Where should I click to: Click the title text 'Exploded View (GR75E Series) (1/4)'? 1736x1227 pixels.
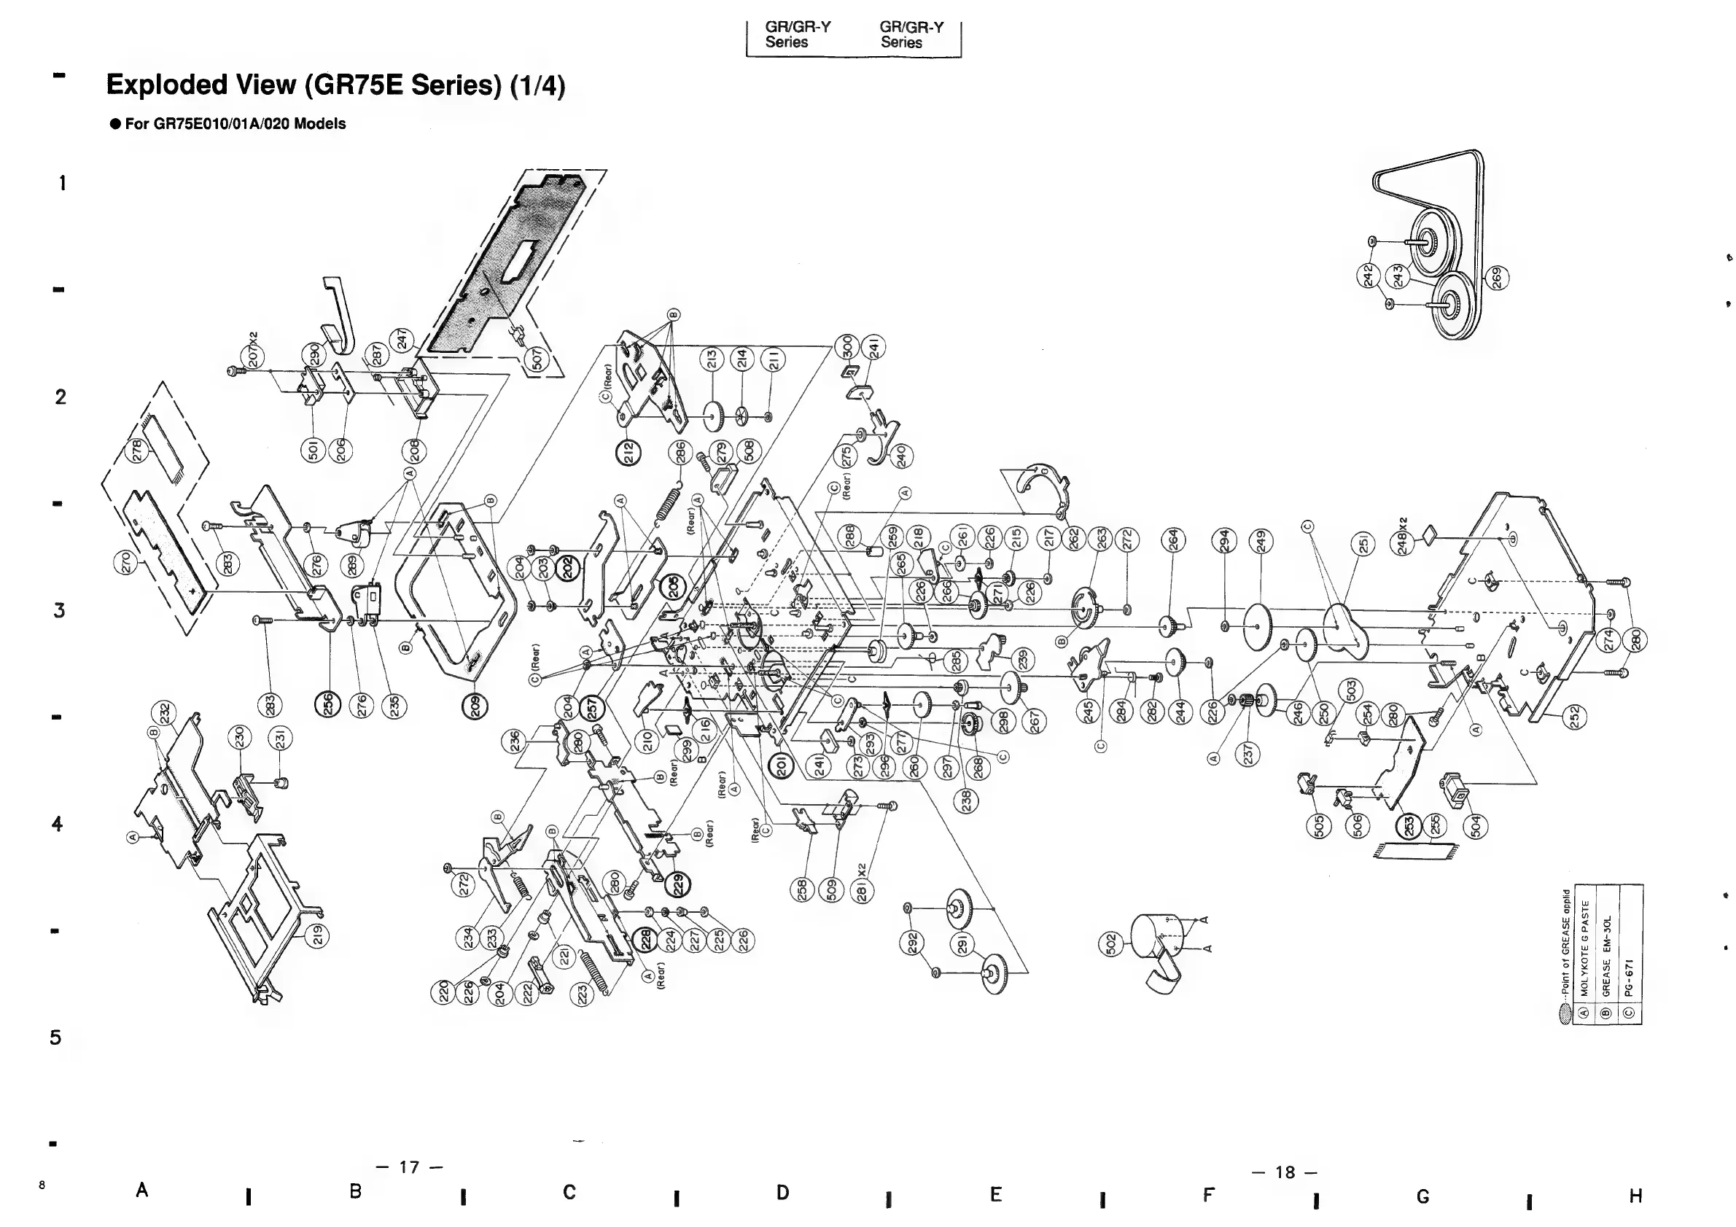tap(335, 85)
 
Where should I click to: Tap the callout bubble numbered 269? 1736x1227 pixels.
tap(1496, 278)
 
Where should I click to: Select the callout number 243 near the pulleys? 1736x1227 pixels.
tap(1398, 277)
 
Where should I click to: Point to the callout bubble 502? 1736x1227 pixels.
tap(1110, 943)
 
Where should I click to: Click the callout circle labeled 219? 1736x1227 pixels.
tap(318, 935)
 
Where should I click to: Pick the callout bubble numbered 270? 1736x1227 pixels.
tap(126, 563)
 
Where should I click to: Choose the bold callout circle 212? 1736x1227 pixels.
tap(628, 453)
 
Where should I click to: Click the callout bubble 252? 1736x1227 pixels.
tap(1575, 716)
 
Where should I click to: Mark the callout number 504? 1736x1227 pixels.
tap(1475, 825)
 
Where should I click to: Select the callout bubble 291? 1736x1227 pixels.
tap(963, 945)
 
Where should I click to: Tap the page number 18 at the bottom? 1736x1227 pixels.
tap(1285, 1172)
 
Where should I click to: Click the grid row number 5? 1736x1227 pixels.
tap(55, 1037)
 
